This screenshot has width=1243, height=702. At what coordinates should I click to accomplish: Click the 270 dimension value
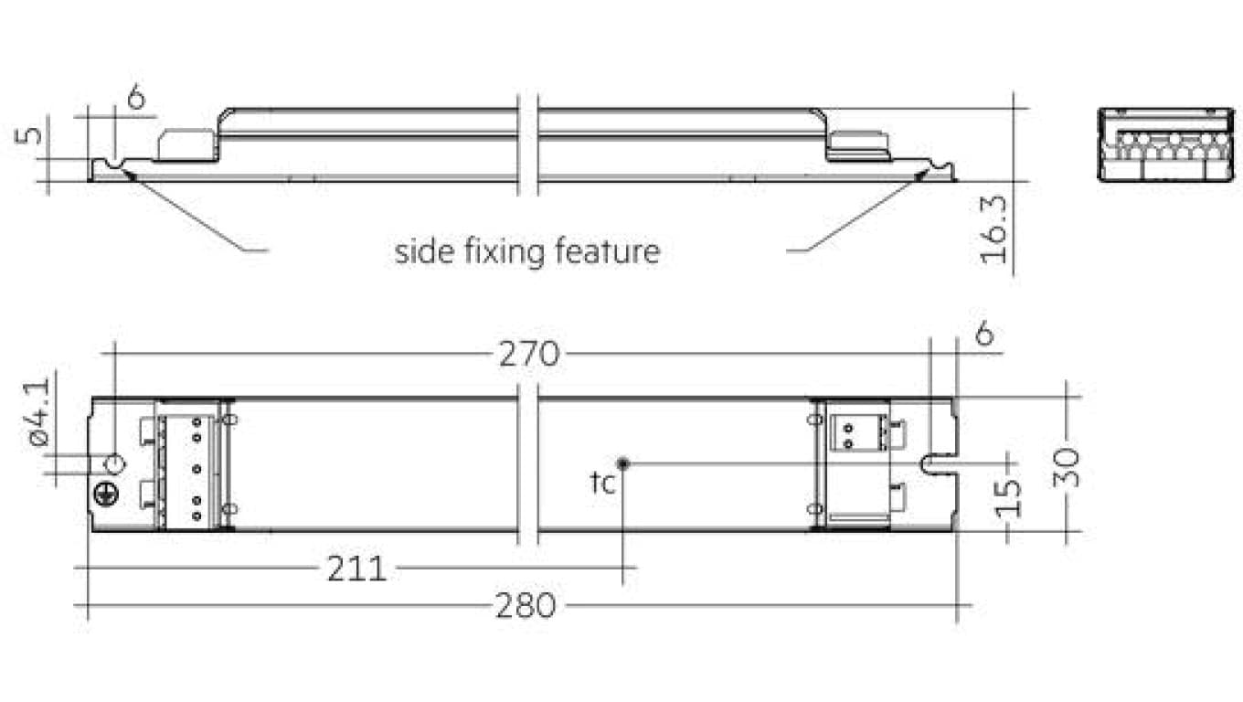[x=529, y=354]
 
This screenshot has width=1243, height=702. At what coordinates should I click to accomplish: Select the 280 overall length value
[x=525, y=605]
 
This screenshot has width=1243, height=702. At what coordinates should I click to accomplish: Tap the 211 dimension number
[x=356, y=569]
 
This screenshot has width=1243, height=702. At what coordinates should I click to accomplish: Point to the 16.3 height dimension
[x=993, y=229]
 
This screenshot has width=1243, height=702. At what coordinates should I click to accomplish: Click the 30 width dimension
[x=1067, y=467]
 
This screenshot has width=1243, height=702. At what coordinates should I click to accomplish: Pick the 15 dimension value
[x=1008, y=497]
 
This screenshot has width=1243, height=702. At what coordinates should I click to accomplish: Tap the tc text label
[x=602, y=483]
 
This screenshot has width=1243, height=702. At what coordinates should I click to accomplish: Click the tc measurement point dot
[x=622, y=463]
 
